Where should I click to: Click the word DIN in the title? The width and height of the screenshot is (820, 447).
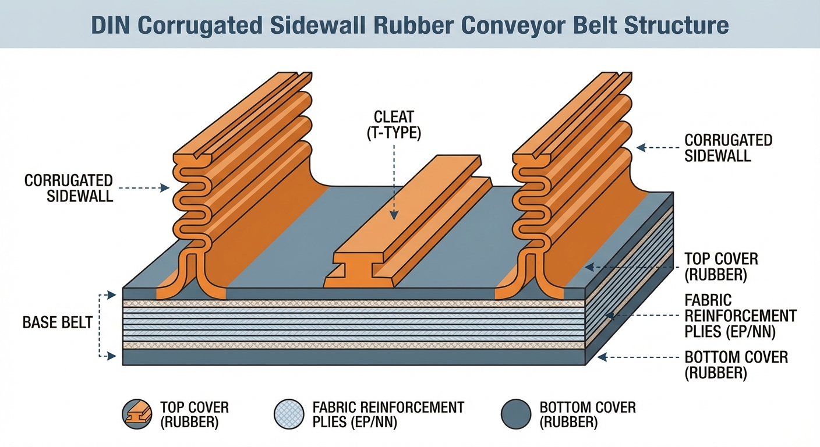(109, 26)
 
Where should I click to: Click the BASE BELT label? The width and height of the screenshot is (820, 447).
(57, 322)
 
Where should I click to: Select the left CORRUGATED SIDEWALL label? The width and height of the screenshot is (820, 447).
(69, 187)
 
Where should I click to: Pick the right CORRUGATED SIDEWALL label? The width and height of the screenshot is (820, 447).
(728, 147)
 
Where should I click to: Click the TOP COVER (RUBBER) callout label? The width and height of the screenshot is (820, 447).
(720, 267)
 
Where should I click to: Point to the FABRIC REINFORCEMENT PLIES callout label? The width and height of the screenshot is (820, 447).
(740, 316)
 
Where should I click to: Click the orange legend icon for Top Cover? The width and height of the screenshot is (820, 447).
(137, 414)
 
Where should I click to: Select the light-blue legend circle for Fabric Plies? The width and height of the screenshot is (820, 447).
(289, 414)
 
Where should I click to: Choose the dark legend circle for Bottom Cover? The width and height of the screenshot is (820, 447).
(516, 414)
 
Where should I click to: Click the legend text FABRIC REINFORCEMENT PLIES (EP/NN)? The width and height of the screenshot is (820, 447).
(388, 414)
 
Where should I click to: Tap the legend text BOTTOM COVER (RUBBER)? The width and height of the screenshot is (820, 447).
(587, 414)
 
